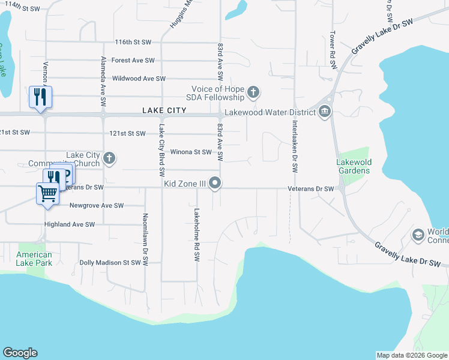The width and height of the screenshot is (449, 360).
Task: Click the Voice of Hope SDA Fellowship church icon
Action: [253, 92]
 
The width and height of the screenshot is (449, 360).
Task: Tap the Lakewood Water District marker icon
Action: [325, 112]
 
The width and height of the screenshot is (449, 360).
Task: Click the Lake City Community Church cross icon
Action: [109, 158]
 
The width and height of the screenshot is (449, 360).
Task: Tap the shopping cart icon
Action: [47, 193]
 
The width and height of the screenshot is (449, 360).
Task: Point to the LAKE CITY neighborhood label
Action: [164, 111]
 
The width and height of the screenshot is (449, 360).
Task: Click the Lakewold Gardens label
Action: [353, 166]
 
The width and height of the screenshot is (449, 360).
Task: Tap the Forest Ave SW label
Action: [133, 60]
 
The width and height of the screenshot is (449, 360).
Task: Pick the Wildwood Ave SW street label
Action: [139, 79]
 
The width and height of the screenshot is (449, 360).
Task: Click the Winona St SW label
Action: [191, 152]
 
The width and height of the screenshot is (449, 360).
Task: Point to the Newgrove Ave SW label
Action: [97, 205]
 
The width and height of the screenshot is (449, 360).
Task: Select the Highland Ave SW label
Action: [70, 224]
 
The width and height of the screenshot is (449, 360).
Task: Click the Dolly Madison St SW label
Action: [110, 262]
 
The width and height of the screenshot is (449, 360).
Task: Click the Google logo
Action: [20, 353]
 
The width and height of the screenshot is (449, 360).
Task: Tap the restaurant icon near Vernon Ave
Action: [40, 96]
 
